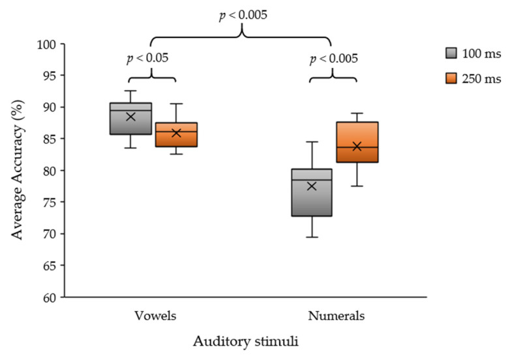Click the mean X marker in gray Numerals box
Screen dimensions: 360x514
coord(311,186)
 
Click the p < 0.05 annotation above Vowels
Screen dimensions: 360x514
coord(147,58)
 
